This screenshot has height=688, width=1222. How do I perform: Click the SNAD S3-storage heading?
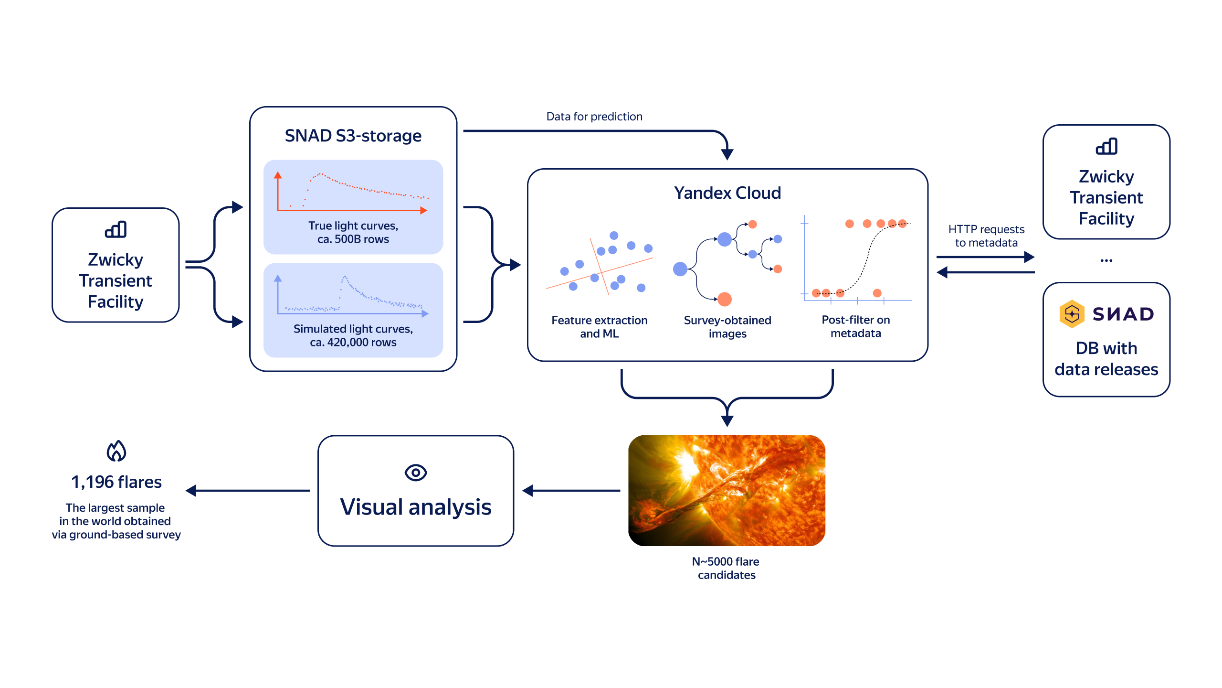click(x=353, y=136)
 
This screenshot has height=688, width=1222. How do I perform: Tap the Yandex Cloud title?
click(x=727, y=193)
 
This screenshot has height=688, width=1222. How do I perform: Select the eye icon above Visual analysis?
click(x=415, y=473)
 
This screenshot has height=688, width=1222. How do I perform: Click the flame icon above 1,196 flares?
click(x=116, y=451)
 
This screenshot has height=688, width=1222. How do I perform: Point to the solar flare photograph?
click(x=727, y=490)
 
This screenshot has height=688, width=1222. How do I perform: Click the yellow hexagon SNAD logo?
click(x=1072, y=314)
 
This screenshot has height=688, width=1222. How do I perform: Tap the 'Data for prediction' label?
click(x=594, y=117)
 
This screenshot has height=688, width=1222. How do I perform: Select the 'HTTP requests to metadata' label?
click(x=986, y=236)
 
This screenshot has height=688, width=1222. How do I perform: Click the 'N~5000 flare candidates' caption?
click(x=726, y=568)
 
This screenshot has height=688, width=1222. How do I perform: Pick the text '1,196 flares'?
click(x=116, y=482)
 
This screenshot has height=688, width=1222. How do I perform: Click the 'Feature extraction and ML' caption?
click(x=599, y=327)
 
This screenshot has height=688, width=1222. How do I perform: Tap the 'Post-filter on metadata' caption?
click(x=855, y=326)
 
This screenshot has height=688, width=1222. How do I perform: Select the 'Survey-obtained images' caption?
click(x=727, y=327)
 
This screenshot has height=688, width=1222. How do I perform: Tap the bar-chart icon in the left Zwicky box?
click(x=116, y=229)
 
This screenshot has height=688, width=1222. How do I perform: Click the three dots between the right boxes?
click(x=1106, y=260)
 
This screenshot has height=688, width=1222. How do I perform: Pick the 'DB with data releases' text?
click(x=1106, y=358)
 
